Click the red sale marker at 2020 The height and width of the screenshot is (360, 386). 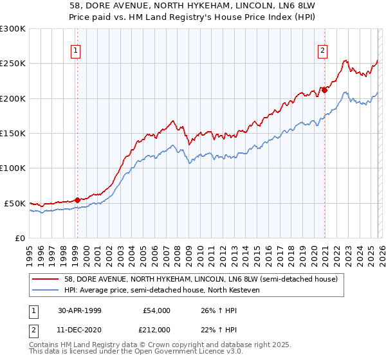pos(325,90)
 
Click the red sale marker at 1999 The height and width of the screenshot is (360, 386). pos(78,200)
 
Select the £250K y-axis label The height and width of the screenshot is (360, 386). pos(13,64)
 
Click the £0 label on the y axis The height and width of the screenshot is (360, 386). pos(19,238)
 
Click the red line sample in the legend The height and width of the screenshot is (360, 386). pos(46,279)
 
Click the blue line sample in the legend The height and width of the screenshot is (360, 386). pos(46,290)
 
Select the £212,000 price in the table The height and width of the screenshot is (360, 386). pos(156,330)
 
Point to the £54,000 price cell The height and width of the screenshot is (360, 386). pos(156,310)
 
